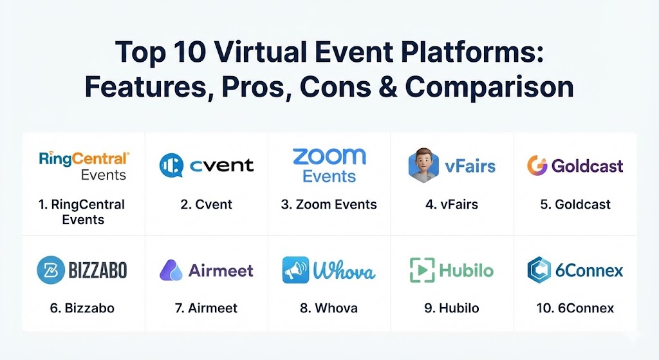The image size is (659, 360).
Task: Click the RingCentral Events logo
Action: click(x=84, y=165)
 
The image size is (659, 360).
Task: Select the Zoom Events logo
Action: click(x=329, y=165)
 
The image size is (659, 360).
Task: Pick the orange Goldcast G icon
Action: click(x=537, y=166)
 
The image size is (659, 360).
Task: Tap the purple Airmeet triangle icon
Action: click(x=171, y=270)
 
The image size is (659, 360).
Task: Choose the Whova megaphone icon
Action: click(x=295, y=270)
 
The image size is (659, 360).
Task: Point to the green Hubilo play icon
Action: click(x=422, y=270)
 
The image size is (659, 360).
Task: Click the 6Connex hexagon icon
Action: click(x=539, y=270)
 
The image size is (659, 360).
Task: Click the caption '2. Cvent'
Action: click(x=206, y=205)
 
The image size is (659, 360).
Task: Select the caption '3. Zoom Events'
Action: click(x=329, y=205)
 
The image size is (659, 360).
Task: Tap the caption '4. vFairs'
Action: click(x=452, y=205)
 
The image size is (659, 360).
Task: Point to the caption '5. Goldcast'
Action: click(x=575, y=205)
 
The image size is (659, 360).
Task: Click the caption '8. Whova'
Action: click(x=329, y=308)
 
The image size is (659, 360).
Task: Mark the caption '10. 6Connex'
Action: click(x=575, y=308)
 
